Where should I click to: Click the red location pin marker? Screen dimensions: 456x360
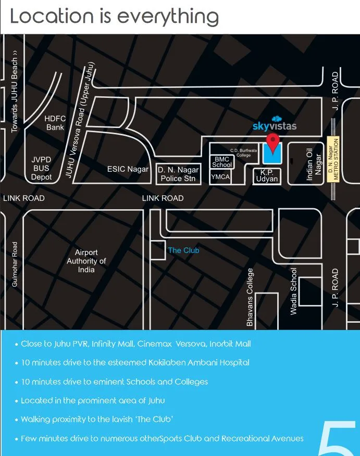pyautogui.click(x=272, y=141)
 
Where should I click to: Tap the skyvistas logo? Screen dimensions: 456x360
pyautogui.click(x=274, y=125)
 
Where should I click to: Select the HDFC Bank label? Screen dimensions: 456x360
pyautogui.click(x=55, y=123)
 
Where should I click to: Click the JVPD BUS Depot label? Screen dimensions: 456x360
pyautogui.click(x=41, y=168)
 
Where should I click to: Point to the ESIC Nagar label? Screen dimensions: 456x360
pyautogui.click(x=128, y=169)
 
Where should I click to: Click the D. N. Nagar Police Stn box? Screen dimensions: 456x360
pyautogui.click(x=178, y=174)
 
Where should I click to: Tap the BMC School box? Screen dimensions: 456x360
pyautogui.click(x=222, y=161)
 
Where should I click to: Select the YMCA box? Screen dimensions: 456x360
pyautogui.click(x=220, y=177)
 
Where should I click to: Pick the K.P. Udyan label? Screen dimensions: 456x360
pyautogui.click(x=267, y=175)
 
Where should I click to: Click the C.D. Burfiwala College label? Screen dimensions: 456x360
pyautogui.click(x=244, y=153)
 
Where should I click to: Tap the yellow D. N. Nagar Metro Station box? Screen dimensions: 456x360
pyautogui.click(x=333, y=159)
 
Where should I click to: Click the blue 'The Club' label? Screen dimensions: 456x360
pyautogui.click(x=183, y=250)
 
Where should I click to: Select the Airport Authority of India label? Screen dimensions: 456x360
pyautogui.click(x=86, y=261)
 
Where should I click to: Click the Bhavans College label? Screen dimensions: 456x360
pyautogui.click(x=250, y=297)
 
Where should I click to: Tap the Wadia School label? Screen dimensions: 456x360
pyautogui.click(x=294, y=291)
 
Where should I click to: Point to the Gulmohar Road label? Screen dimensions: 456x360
pyautogui.click(x=15, y=264)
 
